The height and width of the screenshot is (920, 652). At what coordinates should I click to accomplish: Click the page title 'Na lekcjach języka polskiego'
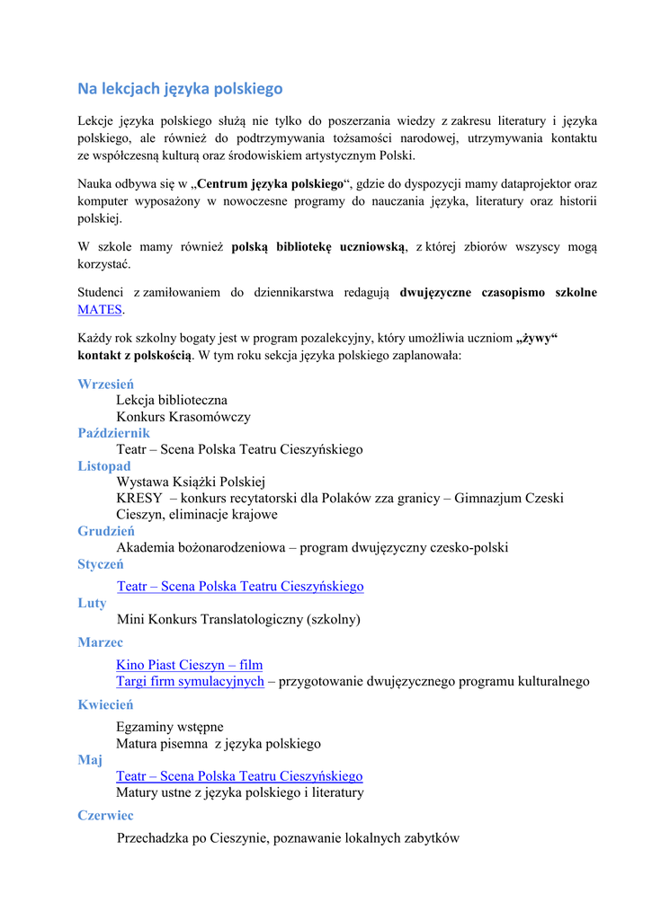[180, 88]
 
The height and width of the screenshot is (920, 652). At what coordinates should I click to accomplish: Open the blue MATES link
[100, 309]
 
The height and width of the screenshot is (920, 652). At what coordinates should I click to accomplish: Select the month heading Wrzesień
[106, 384]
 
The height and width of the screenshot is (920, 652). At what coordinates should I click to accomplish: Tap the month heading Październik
[113, 433]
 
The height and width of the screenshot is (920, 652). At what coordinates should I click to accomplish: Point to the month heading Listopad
[104, 465]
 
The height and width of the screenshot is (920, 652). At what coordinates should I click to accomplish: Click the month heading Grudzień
[106, 531]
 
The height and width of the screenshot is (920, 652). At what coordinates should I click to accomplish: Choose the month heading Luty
[92, 603]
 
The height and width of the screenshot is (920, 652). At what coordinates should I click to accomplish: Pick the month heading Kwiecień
[105, 704]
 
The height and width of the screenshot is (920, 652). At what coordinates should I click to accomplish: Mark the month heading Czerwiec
[105, 815]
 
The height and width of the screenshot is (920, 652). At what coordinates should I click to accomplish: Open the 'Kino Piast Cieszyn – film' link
[189, 665]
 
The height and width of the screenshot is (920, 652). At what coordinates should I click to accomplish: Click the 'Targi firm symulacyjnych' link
[190, 681]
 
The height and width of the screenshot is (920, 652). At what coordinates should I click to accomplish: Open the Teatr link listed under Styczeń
[240, 587]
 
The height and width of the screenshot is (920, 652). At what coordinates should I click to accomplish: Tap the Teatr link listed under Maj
[239, 776]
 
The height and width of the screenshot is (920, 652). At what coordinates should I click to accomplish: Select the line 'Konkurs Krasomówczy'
[183, 417]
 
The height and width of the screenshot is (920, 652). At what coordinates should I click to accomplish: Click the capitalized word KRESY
[139, 498]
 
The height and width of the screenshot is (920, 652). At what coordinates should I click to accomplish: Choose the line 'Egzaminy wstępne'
[170, 727]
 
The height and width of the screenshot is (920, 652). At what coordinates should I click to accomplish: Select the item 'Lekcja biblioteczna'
[172, 400]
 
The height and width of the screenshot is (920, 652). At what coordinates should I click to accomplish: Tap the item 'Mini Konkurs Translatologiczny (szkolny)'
[238, 619]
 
